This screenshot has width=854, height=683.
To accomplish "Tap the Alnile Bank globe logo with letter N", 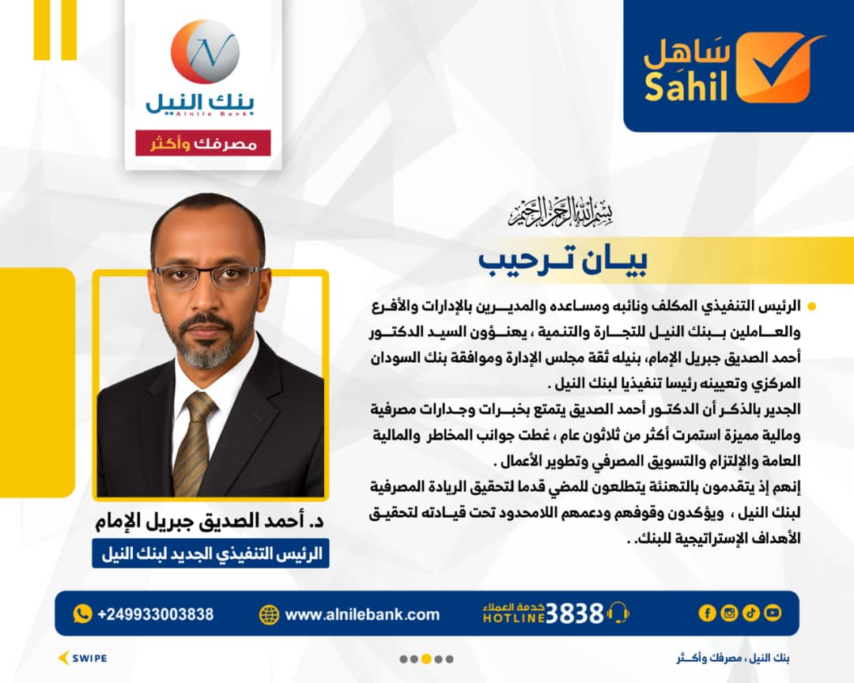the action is click(206, 51).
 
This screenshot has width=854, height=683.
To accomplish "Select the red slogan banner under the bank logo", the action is click(203, 143).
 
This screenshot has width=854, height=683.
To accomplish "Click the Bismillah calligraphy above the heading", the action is click(561, 212).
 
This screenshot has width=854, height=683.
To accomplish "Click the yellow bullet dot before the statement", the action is click(812, 306).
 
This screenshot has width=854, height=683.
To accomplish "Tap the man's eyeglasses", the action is click(208, 276).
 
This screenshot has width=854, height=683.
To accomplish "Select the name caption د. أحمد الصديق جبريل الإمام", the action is click(210, 521).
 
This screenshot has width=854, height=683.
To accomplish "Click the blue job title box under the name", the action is click(210, 553).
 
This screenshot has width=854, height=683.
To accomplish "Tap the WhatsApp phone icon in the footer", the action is click(82, 613).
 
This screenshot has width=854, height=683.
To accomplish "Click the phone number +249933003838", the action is click(155, 614).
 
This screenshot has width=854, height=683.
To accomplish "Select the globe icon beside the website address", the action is click(269, 614).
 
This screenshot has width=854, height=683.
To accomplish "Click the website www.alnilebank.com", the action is click(362, 615).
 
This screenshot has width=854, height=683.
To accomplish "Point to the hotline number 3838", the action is click(574, 613).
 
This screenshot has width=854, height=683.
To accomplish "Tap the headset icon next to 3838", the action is click(618, 613).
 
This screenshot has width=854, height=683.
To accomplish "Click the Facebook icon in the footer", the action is click(707, 613).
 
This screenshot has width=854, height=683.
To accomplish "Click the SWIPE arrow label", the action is click(83, 658).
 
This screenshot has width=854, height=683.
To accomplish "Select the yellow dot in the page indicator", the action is click(426, 659).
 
